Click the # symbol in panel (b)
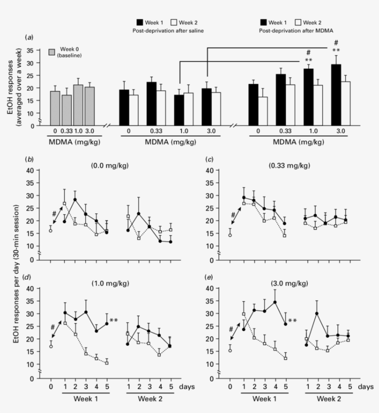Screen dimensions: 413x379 (54, 213)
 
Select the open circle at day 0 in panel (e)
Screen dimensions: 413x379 (230, 350)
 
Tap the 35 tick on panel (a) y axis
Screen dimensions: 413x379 (30, 50)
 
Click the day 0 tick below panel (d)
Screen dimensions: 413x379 (51, 385)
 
